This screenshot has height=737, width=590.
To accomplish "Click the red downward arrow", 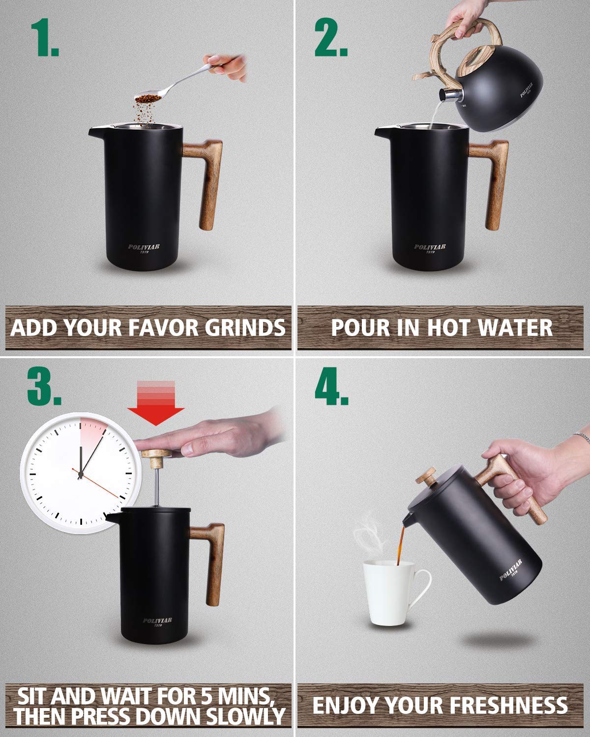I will pos(155,403).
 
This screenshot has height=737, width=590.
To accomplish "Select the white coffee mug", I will pos(388,593).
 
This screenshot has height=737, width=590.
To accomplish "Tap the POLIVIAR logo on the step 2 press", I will pos(430,247).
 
